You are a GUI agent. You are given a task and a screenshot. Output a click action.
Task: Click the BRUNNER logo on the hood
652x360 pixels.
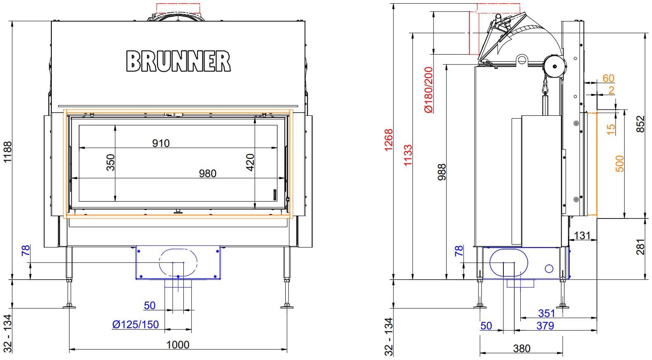click(x=178, y=61)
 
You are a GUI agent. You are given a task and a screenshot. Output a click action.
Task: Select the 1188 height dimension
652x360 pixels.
click(x=7, y=151)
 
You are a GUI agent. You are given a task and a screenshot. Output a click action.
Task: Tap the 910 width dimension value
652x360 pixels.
click(x=161, y=143)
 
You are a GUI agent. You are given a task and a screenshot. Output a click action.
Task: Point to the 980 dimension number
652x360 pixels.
click(x=207, y=173)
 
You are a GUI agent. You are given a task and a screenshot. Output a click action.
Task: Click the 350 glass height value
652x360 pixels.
click(x=111, y=162)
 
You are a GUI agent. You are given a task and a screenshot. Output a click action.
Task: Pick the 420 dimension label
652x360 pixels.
click(x=250, y=162)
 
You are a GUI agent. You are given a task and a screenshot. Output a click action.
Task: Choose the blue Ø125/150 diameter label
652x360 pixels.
click(x=136, y=324)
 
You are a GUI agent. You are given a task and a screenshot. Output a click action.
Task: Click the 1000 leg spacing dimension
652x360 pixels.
click(x=178, y=345)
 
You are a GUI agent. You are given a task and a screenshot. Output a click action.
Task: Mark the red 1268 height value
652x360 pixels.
click(x=389, y=140)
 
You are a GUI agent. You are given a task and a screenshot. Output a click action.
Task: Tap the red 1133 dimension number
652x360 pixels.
click(x=408, y=155)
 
